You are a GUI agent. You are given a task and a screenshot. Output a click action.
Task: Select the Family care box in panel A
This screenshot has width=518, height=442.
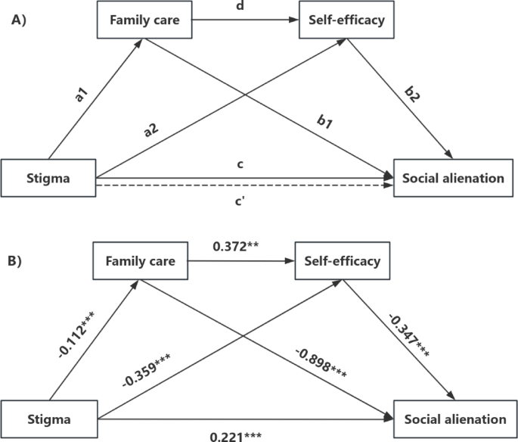point(143,20)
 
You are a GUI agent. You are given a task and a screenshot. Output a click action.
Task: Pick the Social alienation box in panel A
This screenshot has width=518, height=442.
point(453,179)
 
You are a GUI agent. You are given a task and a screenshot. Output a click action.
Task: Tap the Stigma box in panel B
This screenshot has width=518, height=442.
point(48,419)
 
